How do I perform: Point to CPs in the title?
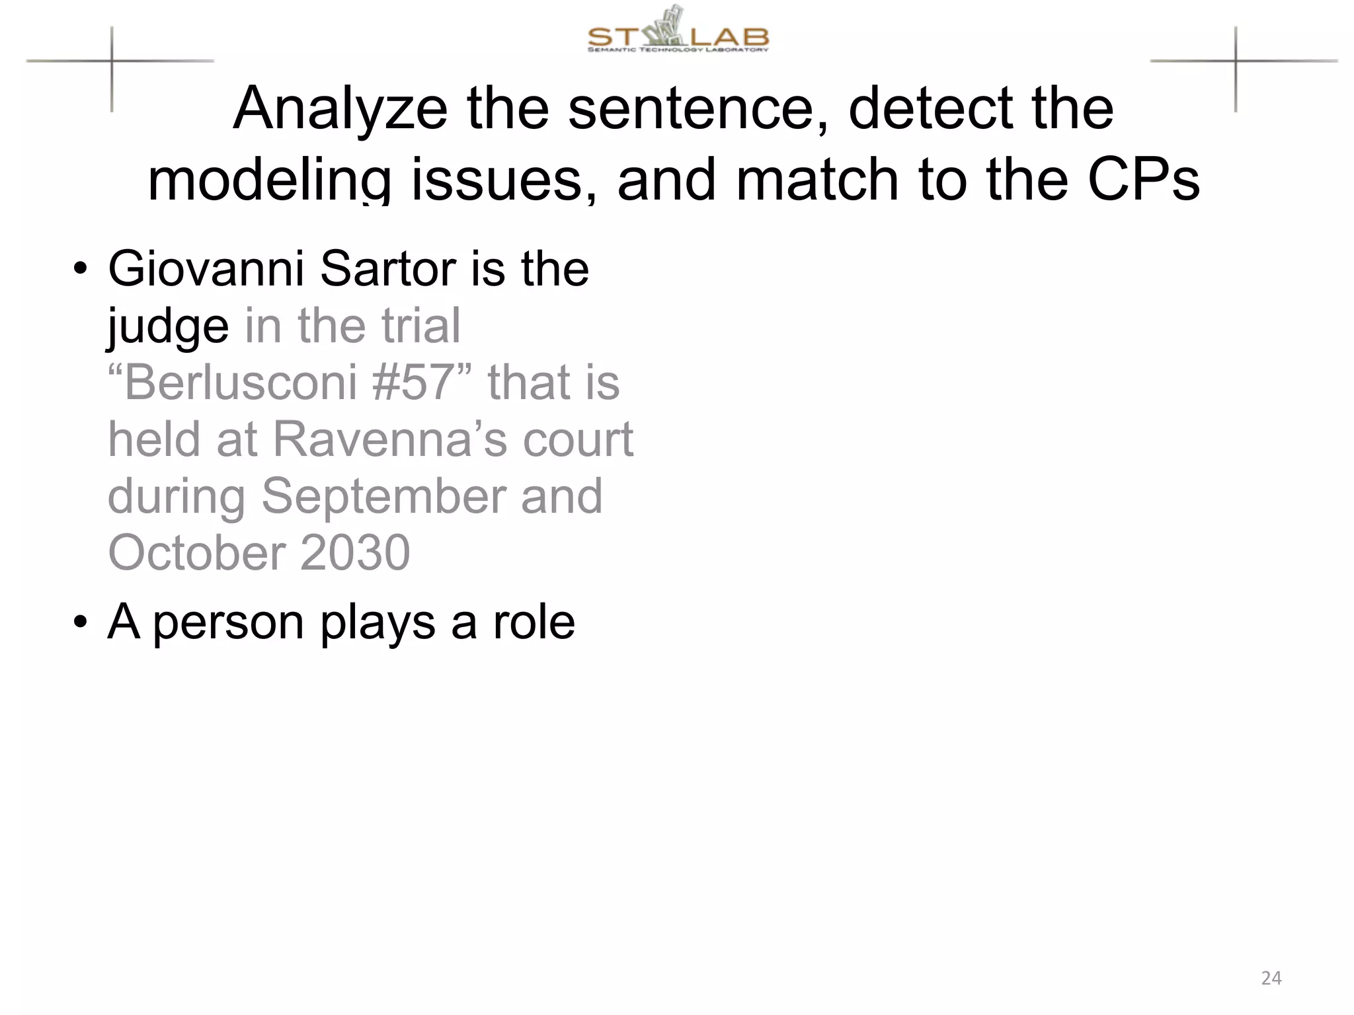pos(1143,180)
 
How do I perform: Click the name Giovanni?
pos(206,269)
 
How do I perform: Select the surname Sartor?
pos(388,269)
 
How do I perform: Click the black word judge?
pos(168,327)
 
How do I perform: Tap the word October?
pos(196,553)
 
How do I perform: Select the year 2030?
pos(355,553)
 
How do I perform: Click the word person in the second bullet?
pos(228,623)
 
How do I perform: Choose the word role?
pos(534,622)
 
